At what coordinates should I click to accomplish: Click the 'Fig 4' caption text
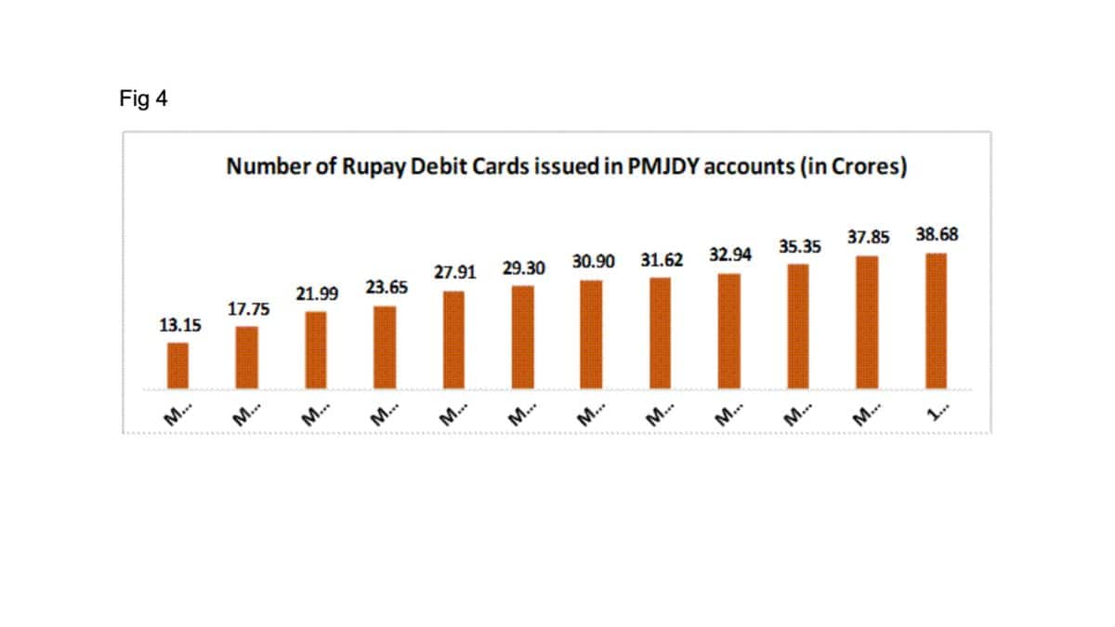143,98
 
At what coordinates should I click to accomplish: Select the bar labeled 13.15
177,366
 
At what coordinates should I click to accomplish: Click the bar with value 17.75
246,358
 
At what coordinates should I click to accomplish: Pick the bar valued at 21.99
316,350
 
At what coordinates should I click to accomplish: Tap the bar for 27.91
453,340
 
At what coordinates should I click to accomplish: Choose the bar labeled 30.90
591,334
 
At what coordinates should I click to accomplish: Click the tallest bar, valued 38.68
936,320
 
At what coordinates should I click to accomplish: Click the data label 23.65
387,288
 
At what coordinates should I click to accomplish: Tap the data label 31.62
662,260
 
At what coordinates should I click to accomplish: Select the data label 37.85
868,237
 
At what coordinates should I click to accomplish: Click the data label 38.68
937,234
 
